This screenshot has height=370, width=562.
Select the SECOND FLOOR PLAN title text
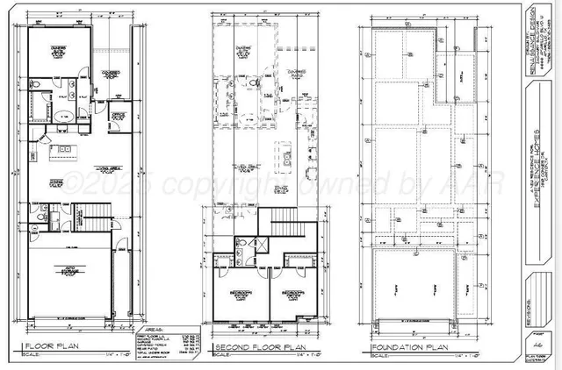pyautogui.click(x=256, y=346)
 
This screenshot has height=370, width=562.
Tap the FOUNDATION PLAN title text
pyautogui.click(x=409, y=346)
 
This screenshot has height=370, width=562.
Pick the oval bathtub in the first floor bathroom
pyautogui.click(x=63, y=116)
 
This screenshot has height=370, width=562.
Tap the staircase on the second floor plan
pyautogui.click(x=282, y=216)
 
